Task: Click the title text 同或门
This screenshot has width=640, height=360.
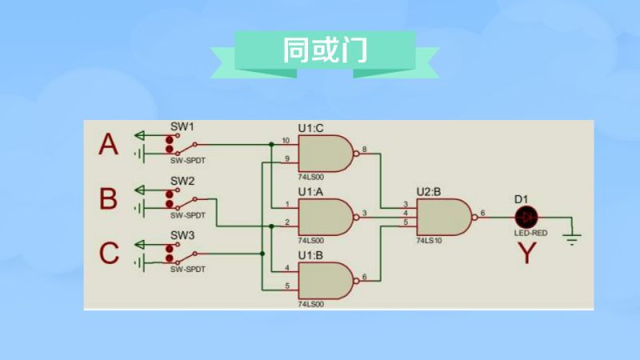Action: [x=324, y=51]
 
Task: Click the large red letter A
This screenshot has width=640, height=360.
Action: [x=108, y=145]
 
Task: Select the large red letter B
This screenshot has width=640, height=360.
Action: [x=108, y=198]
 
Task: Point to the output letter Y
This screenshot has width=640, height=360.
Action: [x=526, y=253]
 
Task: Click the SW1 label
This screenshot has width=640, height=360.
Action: [x=182, y=127]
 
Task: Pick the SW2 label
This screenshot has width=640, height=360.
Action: [x=182, y=181]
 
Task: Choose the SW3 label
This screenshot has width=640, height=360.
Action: [x=182, y=235]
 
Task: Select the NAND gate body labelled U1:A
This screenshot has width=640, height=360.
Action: [x=323, y=214]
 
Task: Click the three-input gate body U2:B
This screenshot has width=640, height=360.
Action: [x=443, y=214]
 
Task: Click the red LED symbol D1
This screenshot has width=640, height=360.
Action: [x=526, y=215]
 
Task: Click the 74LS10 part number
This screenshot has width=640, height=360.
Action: [x=430, y=239]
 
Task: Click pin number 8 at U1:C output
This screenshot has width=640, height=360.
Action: [x=365, y=149]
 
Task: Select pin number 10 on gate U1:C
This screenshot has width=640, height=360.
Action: [x=286, y=141]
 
